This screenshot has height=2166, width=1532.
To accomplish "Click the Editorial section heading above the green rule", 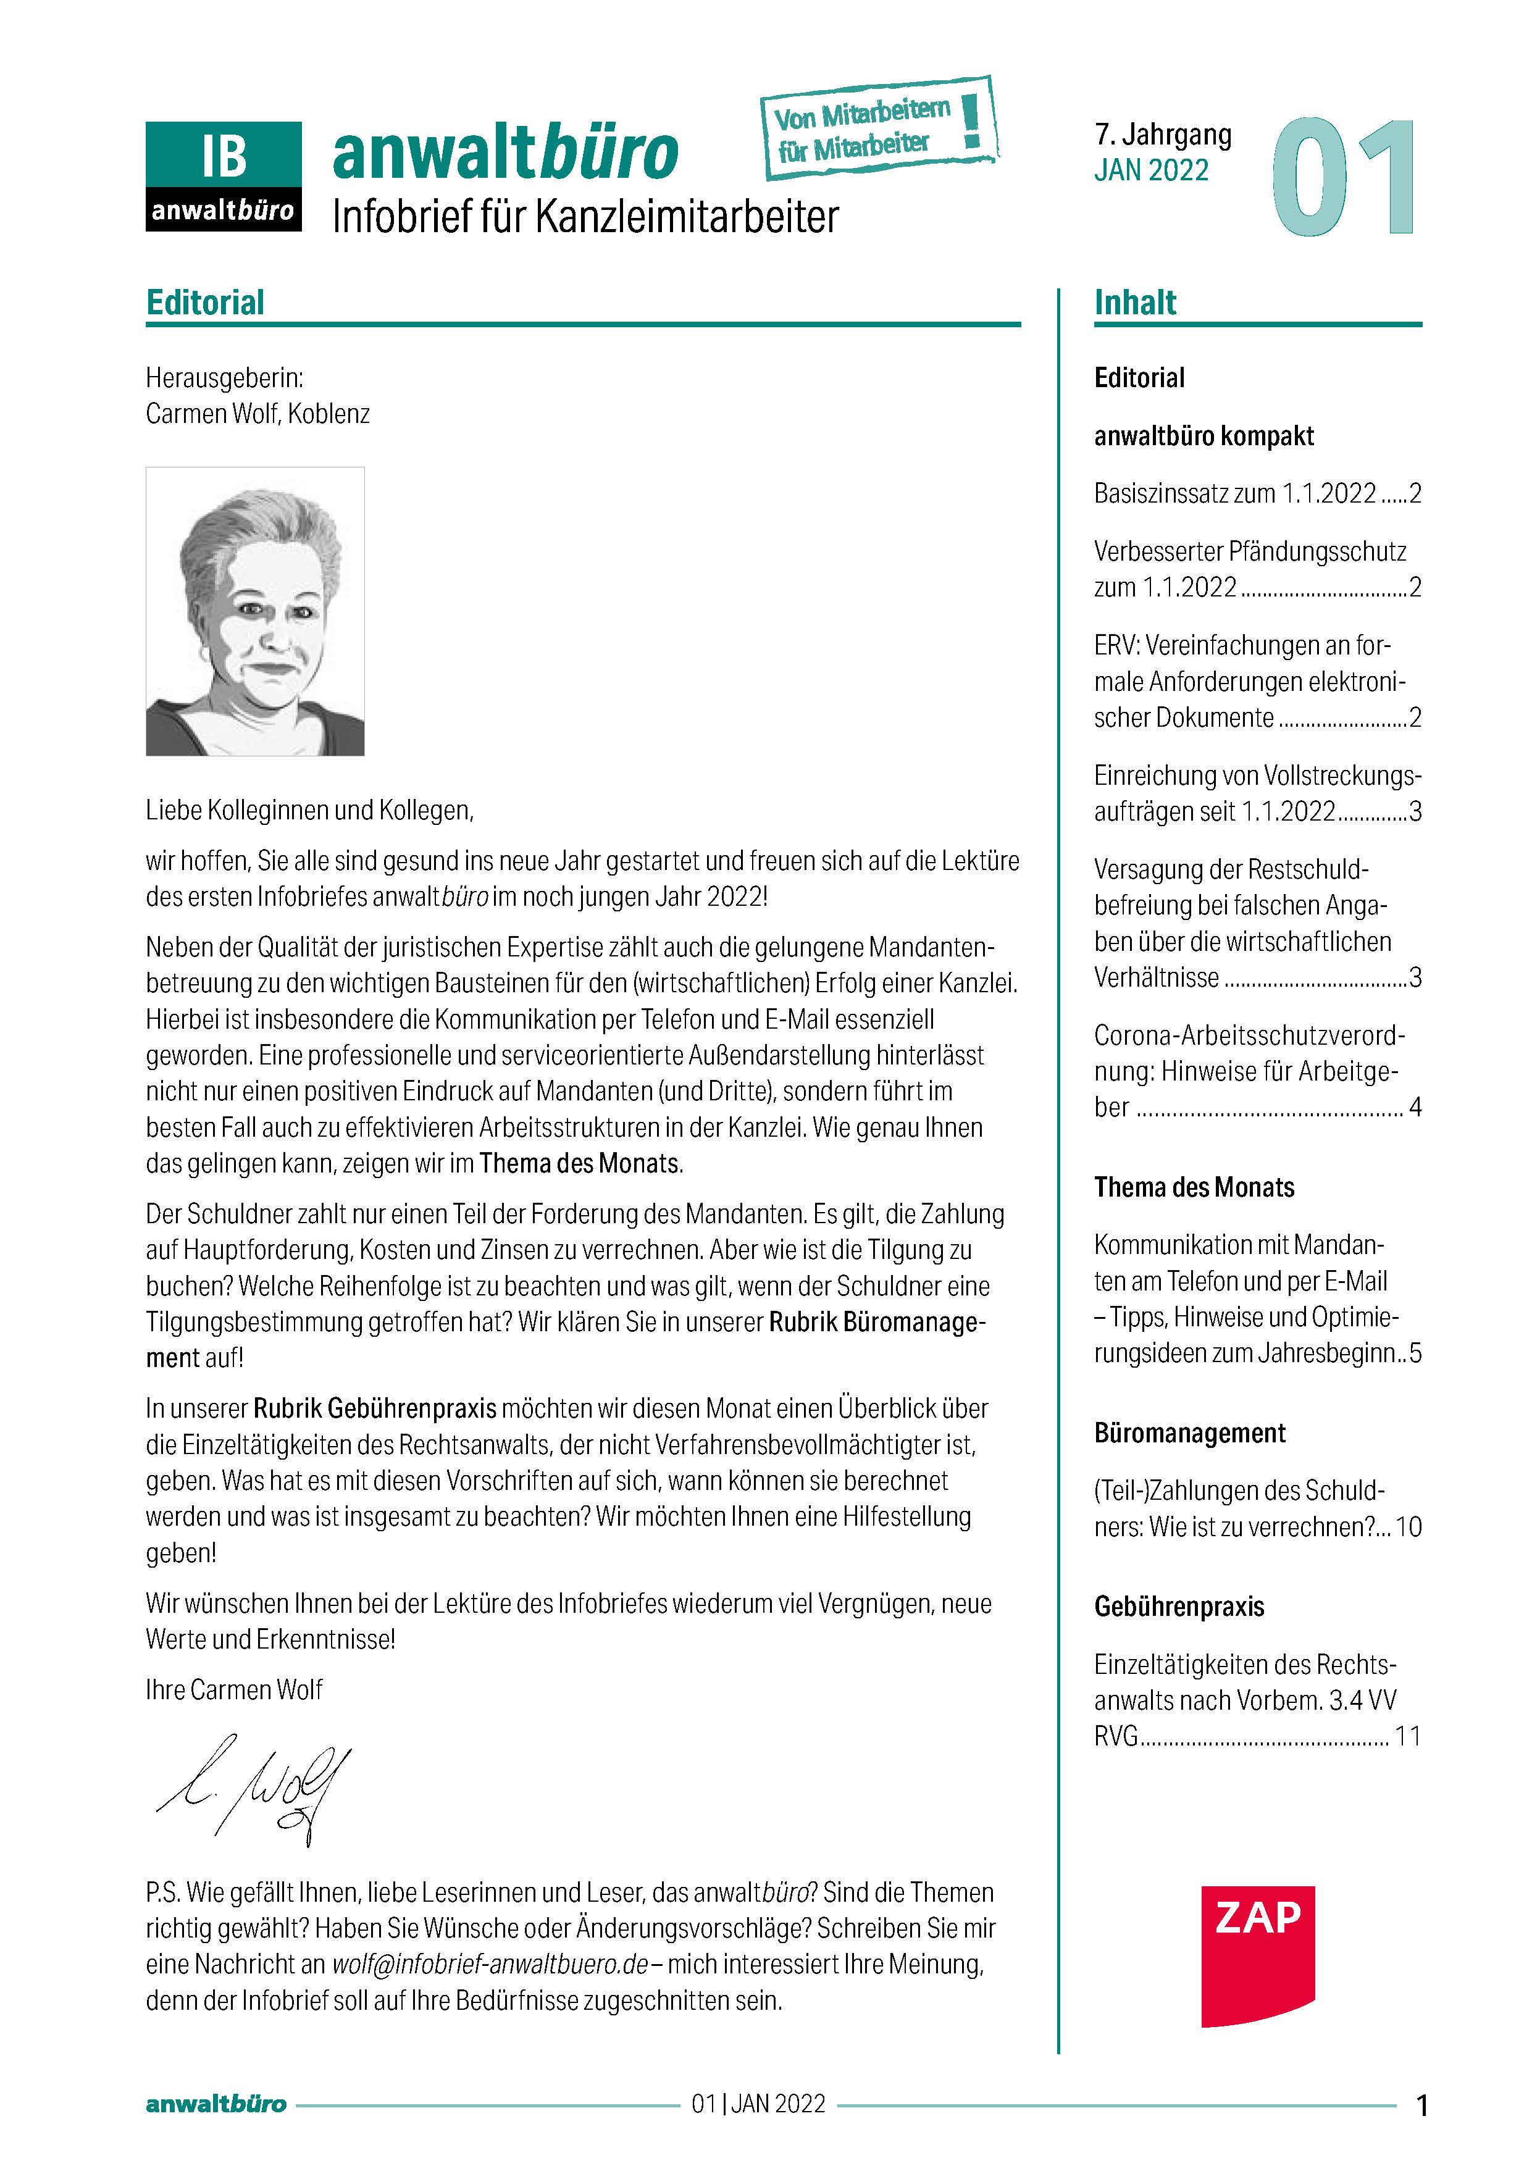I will (205, 303).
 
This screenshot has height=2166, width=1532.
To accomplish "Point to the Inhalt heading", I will (1135, 303).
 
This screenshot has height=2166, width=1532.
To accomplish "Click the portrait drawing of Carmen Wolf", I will (254, 611).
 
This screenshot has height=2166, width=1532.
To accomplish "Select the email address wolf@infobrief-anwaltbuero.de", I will (490, 1964).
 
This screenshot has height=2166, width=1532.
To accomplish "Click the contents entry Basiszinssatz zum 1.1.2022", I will (1235, 493).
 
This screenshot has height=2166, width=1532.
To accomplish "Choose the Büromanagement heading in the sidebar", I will (1189, 1433).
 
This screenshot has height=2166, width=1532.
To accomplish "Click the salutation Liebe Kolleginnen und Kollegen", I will (309, 810).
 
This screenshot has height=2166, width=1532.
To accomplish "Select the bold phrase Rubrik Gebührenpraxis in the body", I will (375, 1408).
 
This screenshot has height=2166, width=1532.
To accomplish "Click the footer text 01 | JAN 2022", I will (758, 2104).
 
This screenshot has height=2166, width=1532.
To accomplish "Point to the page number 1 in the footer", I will (1421, 2105).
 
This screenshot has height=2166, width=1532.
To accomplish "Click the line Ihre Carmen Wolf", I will (234, 1689).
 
